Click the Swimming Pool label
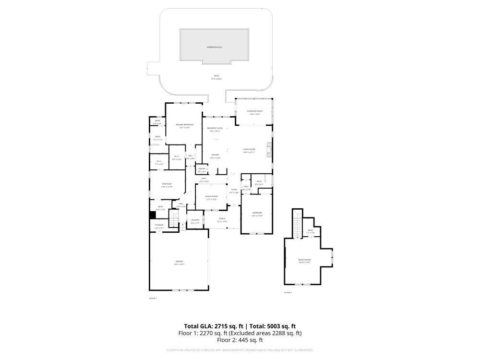click(x=214, y=47)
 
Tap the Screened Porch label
click(x=255, y=111)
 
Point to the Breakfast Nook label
click(x=215, y=128)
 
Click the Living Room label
click(x=249, y=150)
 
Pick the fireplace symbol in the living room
click(x=270, y=150)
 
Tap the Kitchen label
click(x=216, y=155)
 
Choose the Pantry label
click(x=202, y=169)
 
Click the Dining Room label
click(x=212, y=196)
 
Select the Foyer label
click(x=234, y=190)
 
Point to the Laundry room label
click(x=195, y=220)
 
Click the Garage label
click(x=179, y=262)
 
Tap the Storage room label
click(x=159, y=225)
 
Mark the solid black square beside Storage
click(x=153, y=215)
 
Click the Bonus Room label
click(x=305, y=260)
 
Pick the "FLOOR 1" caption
click(x=153, y=298)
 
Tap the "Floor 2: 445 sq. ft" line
click(x=240, y=340)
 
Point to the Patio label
click(x=216, y=76)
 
